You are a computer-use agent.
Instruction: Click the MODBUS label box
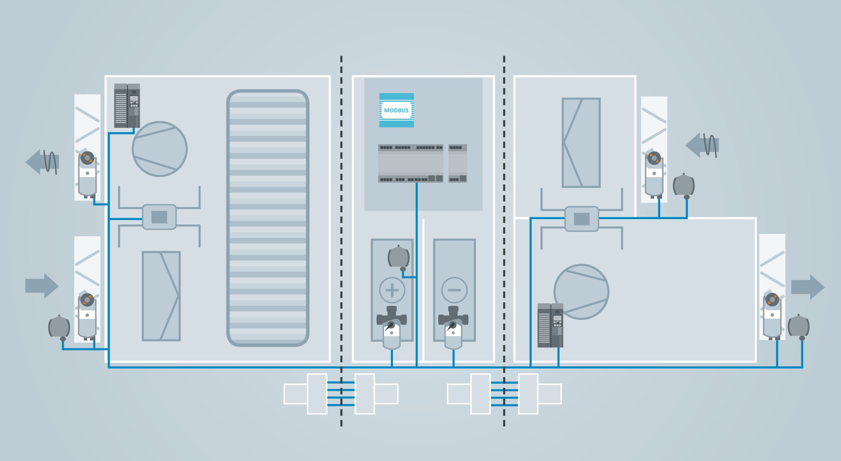click(x=396, y=110)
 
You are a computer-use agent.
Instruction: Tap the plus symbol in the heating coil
click(x=392, y=290)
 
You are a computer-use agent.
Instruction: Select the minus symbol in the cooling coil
click(x=454, y=290)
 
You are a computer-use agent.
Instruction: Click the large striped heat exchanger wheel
click(x=268, y=218)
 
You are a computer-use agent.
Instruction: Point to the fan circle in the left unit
click(x=160, y=149)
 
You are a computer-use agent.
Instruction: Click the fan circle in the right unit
click(x=581, y=292)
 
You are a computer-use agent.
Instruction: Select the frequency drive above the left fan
click(x=127, y=105)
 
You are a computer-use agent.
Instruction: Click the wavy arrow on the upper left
click(x=42, y=162)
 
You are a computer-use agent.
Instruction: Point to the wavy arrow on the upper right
click(x=702, y=145)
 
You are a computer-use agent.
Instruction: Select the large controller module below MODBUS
click(x=410, y=163)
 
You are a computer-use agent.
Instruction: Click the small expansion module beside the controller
click(x=458, y=163)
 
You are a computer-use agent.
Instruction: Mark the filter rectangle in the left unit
click(x=161, y=296)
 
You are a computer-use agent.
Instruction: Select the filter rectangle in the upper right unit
click(x=581, y=143)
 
